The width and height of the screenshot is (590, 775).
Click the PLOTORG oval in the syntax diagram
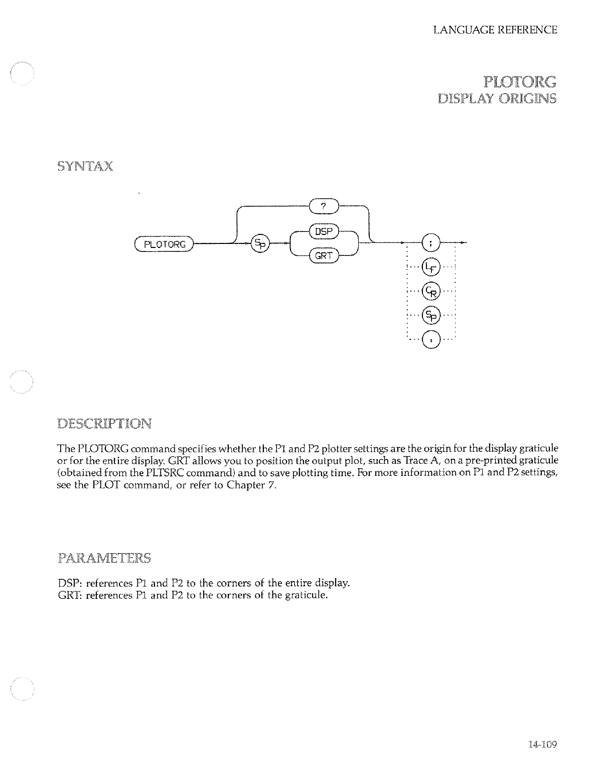[x=165, y=244]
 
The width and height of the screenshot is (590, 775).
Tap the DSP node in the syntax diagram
[x=324, y=232]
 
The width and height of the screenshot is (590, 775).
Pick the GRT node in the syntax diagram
[x=324, y=256]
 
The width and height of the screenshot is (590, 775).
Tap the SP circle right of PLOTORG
[x=260, y=244]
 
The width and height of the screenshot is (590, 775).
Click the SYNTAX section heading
[x=85, y=166]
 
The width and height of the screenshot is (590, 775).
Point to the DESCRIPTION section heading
[x=104, y=424]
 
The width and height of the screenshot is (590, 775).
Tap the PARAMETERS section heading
[x=104, y=558]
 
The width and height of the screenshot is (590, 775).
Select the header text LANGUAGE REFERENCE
[x=495, y=30]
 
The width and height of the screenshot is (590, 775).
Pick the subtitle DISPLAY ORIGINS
[x=497, y=98]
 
